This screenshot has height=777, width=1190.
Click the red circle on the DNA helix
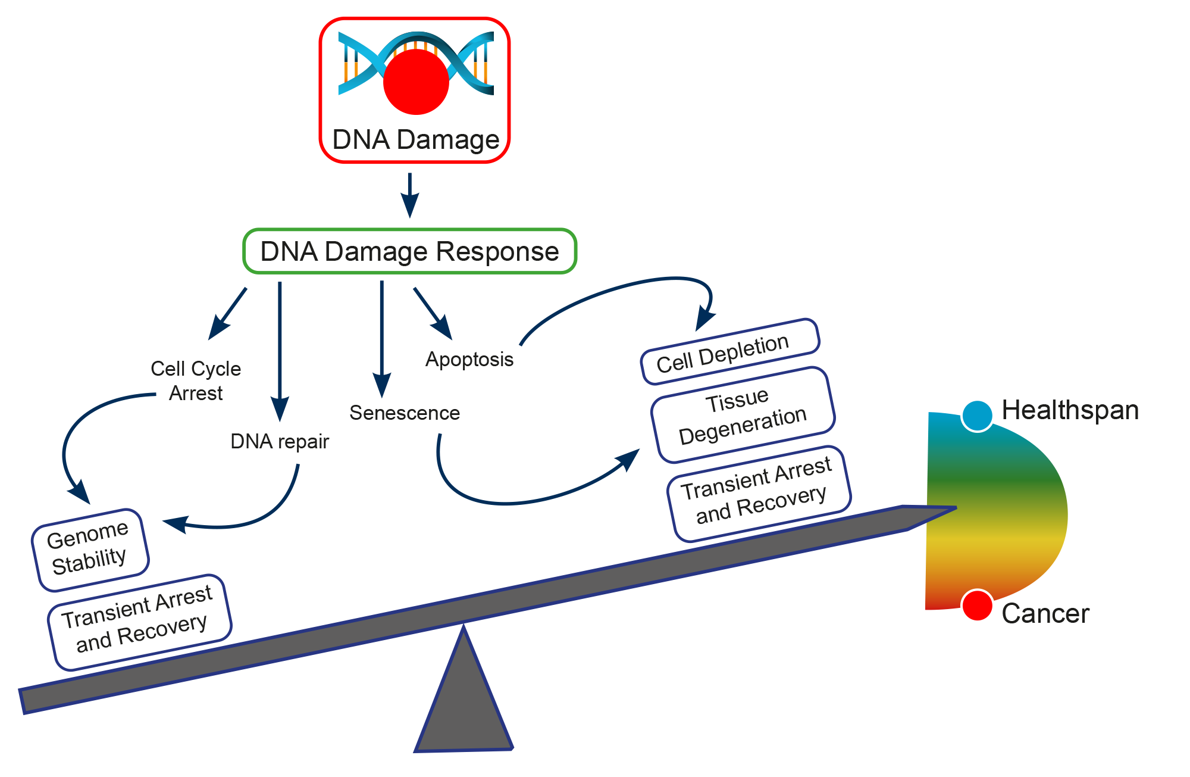pos(416,82)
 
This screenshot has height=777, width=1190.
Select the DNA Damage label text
pos(415,140)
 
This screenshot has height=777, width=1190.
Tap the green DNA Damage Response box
pos(409,251)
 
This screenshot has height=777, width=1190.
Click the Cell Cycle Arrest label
pos(196,380)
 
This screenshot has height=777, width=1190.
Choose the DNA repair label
pos(280,441)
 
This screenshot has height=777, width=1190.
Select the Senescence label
pos(405,413)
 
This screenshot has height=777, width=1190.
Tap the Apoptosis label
pos(469,359)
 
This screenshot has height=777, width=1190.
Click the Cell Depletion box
pos(729,352)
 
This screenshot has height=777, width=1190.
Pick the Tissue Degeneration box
pos(743,415)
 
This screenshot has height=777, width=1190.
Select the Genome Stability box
pos(90,550)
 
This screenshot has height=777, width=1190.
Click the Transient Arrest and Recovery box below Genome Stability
pos(139,622)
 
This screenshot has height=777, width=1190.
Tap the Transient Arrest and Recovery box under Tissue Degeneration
pos(759,494)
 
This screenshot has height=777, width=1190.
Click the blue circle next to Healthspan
pos(977,415)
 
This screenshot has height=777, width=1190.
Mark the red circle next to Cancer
pos(977,606)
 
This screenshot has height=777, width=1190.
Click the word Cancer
pos(1045,614)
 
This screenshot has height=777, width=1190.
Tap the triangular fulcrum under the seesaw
pos(464,709)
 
